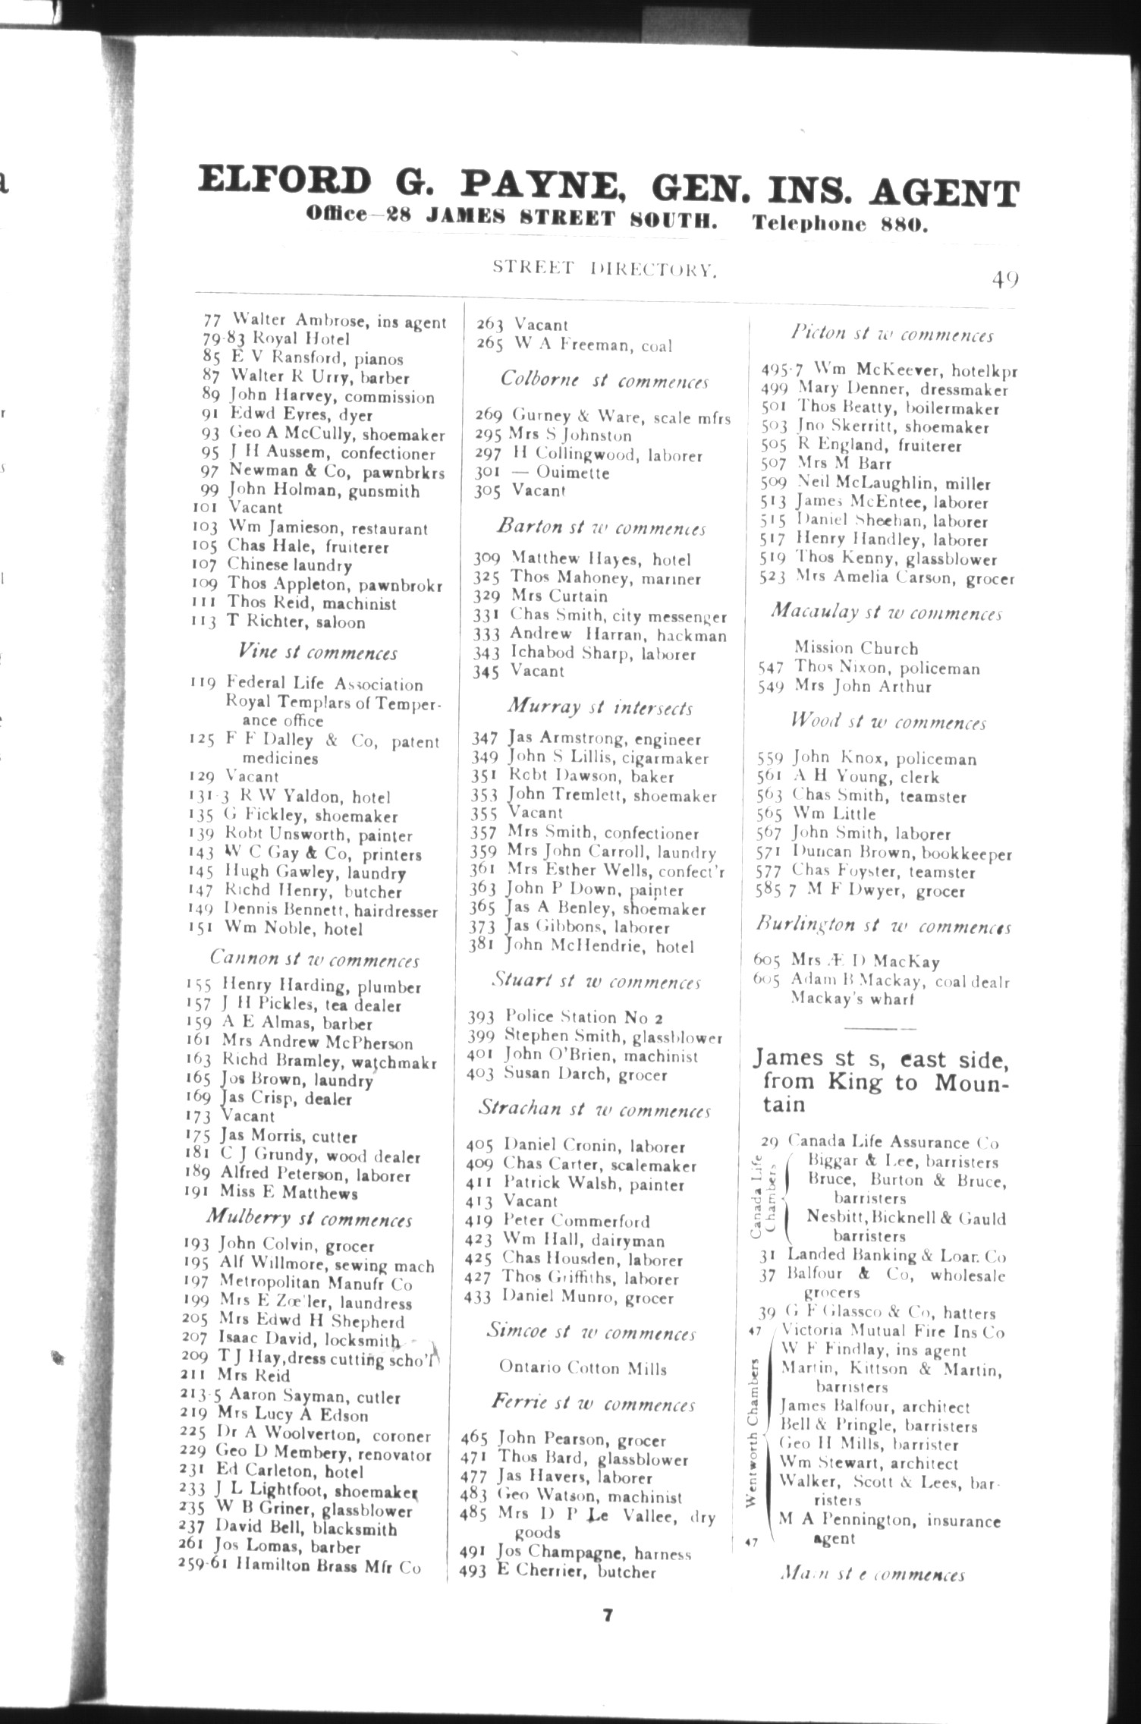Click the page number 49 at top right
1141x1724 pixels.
(x=1004, y=278)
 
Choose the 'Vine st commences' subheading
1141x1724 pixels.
(x=317, y=653)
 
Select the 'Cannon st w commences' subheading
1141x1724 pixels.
(x=314, y=960)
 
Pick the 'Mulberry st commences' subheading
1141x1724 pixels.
(x=310, y=1219)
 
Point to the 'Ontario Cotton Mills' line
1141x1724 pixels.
(x=583, y=1368)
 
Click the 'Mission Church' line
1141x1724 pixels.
(x=856, y=648)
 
